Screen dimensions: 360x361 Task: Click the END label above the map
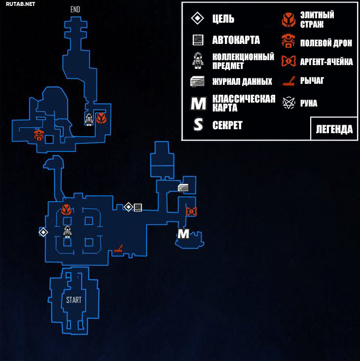point(75,9)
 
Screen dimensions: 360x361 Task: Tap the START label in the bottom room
point(73,300)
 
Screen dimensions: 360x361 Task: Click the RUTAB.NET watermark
point(21,4)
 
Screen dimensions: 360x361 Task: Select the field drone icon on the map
point(39,135)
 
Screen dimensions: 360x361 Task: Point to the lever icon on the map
point(118,249)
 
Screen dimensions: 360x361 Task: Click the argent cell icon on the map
point(191,211)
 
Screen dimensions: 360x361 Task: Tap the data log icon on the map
point(183,187)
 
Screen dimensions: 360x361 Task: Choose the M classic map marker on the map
point(183,234)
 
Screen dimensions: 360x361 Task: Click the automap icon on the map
point(138,207)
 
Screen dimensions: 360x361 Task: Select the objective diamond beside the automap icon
point(128,207)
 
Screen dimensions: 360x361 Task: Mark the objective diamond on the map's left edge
point(43,232)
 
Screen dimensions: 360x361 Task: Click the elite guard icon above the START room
point(66,210)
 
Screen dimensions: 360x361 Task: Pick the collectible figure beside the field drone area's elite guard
point(89,119)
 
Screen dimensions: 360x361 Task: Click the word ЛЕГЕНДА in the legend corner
point(334,129)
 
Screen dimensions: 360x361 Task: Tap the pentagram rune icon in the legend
point(288,103)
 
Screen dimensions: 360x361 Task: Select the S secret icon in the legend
point(198,125)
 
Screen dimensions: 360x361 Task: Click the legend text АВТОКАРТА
point(236,40)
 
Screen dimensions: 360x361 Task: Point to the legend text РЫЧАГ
point(312,80)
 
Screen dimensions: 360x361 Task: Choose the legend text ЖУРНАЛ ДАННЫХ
point(242,81)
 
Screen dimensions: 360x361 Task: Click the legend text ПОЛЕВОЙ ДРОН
point(326,43)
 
